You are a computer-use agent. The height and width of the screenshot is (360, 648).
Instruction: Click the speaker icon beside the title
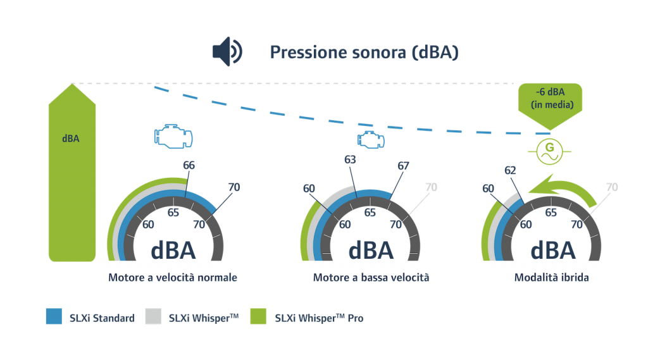227,52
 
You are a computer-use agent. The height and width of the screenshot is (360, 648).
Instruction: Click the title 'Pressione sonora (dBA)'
364,53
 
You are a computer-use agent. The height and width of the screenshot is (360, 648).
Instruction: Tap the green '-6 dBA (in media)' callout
550,102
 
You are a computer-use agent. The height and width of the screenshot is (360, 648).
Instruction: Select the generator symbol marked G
550,152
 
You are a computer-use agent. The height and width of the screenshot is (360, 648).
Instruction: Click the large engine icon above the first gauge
173,136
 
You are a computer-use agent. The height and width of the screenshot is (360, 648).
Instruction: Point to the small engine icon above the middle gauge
371,140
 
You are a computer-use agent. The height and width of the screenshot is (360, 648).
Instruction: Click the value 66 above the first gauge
189,165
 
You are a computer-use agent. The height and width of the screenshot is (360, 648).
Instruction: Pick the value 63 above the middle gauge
350,159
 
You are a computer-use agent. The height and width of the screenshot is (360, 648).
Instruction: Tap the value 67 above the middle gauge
403,166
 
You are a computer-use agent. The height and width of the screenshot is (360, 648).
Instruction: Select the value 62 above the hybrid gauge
510,170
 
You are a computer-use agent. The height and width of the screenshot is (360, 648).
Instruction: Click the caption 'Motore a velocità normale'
173,277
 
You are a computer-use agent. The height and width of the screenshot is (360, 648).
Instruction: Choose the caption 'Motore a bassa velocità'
371,277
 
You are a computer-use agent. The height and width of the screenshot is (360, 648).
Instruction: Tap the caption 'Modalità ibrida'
551,277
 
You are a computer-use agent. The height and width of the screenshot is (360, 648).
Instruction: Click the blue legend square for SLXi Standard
54,316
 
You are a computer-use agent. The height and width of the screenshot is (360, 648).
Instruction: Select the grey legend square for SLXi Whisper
153,316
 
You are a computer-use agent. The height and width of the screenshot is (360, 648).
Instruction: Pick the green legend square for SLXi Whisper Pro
258,316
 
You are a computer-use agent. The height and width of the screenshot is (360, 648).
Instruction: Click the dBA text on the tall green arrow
71,139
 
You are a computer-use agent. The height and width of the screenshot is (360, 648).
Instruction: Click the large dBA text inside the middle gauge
371,251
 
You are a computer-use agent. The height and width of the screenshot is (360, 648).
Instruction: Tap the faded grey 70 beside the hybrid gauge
612,187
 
